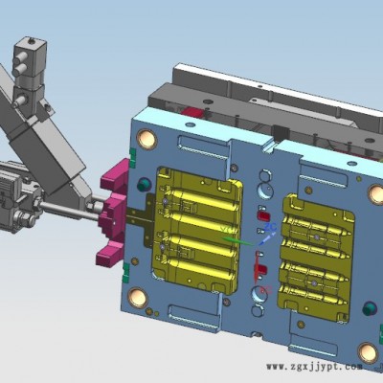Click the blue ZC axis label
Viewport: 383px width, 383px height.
click(x=271, y=227)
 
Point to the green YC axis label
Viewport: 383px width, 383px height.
click(x=226, y=229)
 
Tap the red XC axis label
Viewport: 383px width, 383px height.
click(x=266, y=290)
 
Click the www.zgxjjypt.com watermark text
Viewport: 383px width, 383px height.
click(x=315, y=375)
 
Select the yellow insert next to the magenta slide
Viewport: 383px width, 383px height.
click(x=198, y=229)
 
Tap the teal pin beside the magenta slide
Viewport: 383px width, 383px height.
click(x=145, y=185)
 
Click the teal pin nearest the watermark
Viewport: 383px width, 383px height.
click(x=371, y=309)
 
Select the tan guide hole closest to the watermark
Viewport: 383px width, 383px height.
click(x=368, y=352)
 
